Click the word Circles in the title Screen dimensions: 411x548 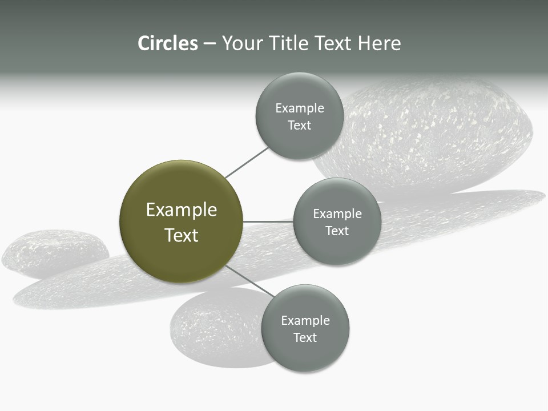(167, 43)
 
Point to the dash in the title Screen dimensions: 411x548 (209, 44)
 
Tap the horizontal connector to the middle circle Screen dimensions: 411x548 (268, 221)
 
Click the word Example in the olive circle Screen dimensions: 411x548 (182, 210)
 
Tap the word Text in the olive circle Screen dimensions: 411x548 (182, 235)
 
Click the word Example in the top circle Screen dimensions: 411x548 (300, 108)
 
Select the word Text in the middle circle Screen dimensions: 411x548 (337, 231)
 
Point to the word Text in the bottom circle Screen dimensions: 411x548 (305, 338)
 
